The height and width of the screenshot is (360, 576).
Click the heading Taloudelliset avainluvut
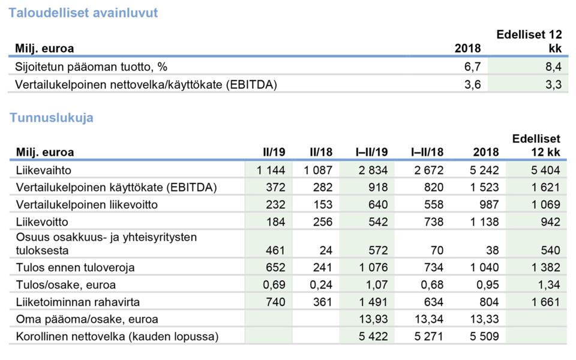[83, 13]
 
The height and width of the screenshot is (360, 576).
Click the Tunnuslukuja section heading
[52, 118]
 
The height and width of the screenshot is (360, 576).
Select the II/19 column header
[274, 152]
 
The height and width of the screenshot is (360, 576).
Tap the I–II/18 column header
[427, 152]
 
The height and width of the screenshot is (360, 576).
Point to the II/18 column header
[321, 152]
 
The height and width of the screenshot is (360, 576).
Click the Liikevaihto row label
[44, 170]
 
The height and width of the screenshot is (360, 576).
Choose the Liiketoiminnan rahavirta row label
[78, 302]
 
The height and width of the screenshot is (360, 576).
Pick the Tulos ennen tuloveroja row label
[76, 268]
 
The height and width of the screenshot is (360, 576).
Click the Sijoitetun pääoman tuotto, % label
[91, 67]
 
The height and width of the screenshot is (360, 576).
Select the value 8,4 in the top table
[553, 67]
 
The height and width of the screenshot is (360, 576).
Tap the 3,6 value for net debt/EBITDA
[472, 85]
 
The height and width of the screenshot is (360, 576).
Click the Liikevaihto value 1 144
[271, 170]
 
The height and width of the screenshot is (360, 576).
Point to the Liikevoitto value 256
[323, 222]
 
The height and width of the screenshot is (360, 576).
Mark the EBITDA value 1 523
[485, 187]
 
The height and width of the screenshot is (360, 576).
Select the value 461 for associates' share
[275, 250]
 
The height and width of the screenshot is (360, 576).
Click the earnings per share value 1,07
[377, 284]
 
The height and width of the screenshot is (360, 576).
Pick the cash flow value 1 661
[545, 302]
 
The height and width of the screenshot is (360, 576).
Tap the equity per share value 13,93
[373, 319]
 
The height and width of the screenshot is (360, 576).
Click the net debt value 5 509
[485, 336]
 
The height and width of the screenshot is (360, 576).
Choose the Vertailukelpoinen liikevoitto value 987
[489, 205]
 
